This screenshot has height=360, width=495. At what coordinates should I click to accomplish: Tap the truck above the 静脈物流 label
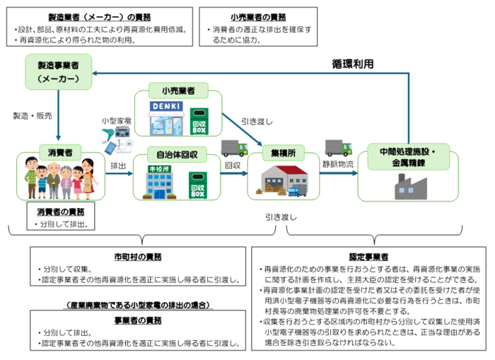point(338,148)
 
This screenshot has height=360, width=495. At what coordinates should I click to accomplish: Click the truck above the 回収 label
point(233,148)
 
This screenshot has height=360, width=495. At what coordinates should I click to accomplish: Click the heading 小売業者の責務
point(258,17)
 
